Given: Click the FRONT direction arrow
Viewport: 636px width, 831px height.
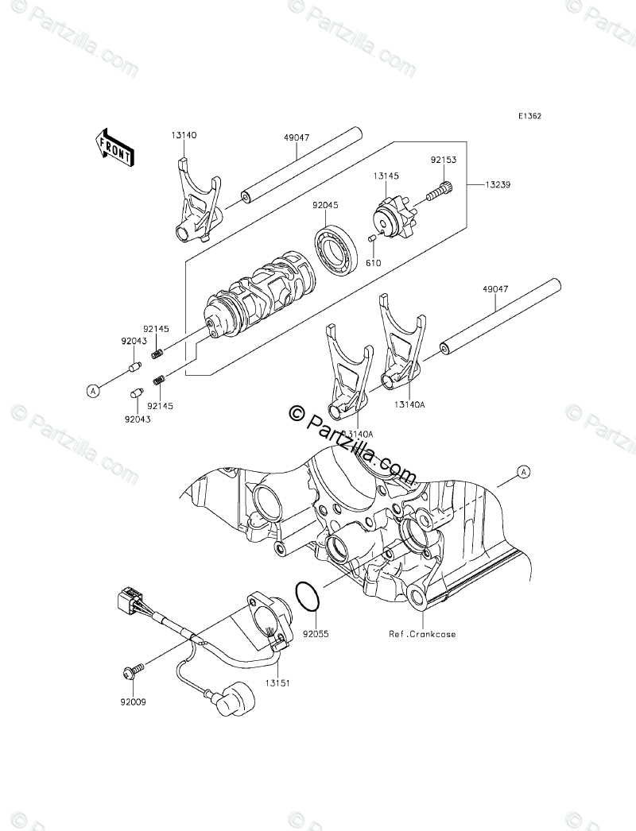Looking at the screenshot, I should point(114,149).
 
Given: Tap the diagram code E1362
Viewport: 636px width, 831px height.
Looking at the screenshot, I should point(529,116).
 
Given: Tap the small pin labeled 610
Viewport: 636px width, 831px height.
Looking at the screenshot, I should point(370,238).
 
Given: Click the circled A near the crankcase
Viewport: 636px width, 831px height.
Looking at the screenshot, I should point(523,472).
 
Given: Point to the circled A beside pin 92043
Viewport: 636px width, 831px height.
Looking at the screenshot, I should point(94,390).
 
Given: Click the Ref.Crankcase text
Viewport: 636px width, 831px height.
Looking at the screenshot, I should point(422,634).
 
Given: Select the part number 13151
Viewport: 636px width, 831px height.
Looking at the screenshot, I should point(277,682).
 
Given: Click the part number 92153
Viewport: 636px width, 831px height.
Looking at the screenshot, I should point(442,160).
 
